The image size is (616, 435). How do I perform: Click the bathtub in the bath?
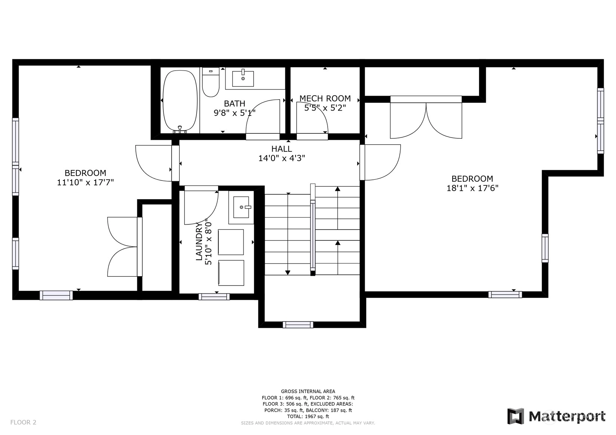[180, 101]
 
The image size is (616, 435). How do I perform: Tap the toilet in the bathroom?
[211, 82]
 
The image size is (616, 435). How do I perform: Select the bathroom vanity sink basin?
[243, 79]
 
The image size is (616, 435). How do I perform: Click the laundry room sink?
[241, 207]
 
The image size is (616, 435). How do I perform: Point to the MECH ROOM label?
[325, 98]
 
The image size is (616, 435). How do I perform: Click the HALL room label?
[282, 149]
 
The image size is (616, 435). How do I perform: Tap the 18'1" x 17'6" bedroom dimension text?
[472, 188]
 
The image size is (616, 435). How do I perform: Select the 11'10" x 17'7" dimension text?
[85, 182]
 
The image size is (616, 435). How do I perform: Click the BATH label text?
[235, 104]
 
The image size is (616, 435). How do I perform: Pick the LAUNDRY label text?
[199, 241]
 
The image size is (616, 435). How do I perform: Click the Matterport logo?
[556, 416]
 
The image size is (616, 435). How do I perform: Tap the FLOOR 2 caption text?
[23, 422]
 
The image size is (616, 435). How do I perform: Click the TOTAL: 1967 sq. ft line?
[308, 416]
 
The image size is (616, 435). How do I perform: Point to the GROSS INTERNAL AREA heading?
[308, 391]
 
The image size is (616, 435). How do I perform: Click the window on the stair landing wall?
[298, 325]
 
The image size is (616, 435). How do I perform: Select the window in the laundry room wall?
[214, 297]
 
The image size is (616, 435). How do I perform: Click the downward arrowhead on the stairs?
[288, 272]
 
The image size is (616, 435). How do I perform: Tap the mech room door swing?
[312, 118]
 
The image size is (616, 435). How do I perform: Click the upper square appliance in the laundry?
[231, 242]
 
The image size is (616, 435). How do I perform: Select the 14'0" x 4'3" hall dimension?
[282, 158]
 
